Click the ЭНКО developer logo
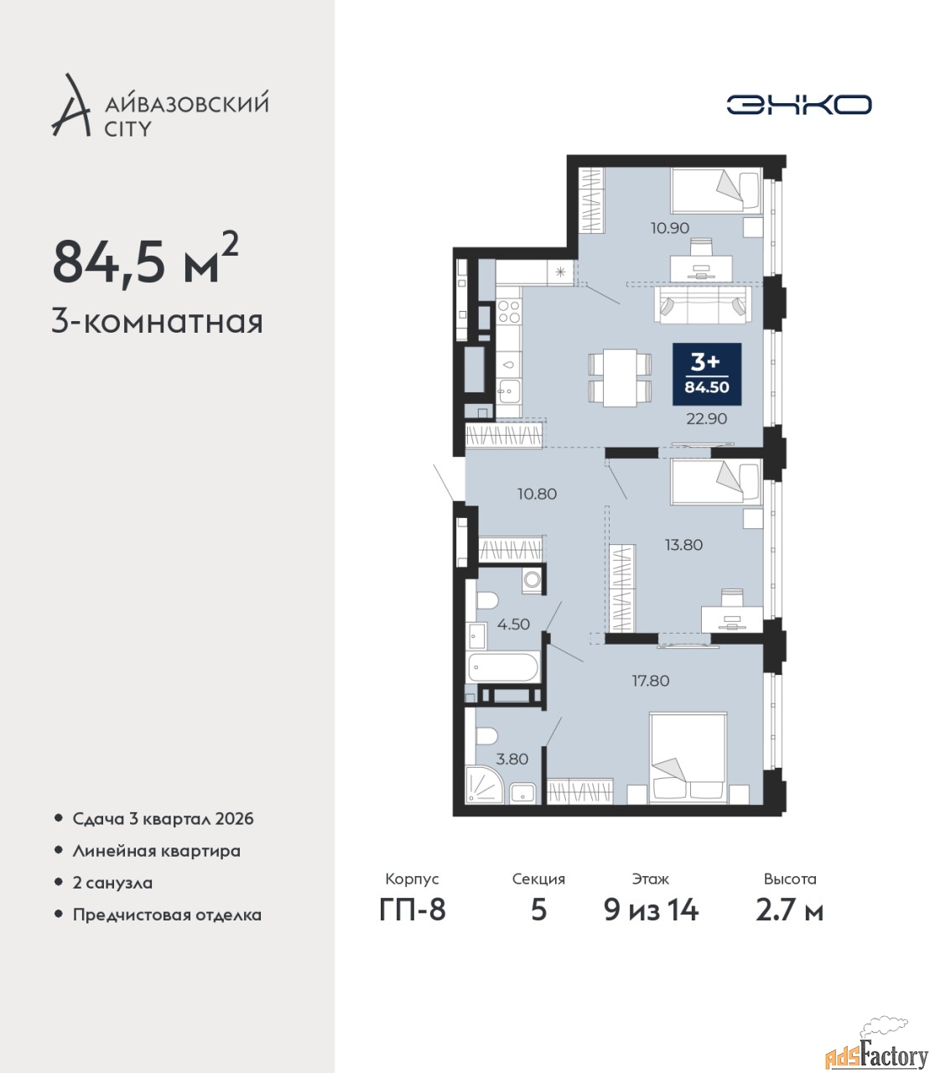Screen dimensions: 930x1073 (798, 104)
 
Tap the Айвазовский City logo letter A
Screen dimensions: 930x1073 (71, 105)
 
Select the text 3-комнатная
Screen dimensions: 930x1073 (157, 323)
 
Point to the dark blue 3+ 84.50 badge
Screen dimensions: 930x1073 (707, 374)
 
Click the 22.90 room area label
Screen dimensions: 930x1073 (707, 419)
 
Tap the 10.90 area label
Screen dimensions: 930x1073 (670, 228)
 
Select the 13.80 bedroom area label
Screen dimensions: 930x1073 (683, 545)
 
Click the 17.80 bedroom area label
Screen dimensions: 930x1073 (651, 681)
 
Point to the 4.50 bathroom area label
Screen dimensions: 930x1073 (513, 625)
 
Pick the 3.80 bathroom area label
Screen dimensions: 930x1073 (512, 759)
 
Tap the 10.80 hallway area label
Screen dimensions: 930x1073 (537, 494)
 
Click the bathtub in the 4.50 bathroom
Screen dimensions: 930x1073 (503, 667)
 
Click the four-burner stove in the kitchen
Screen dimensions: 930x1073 (508, 312)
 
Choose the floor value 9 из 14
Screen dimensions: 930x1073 (651, 925)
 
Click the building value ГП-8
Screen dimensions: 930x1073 (413, 925)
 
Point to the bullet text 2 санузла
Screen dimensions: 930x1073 (112, 883)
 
